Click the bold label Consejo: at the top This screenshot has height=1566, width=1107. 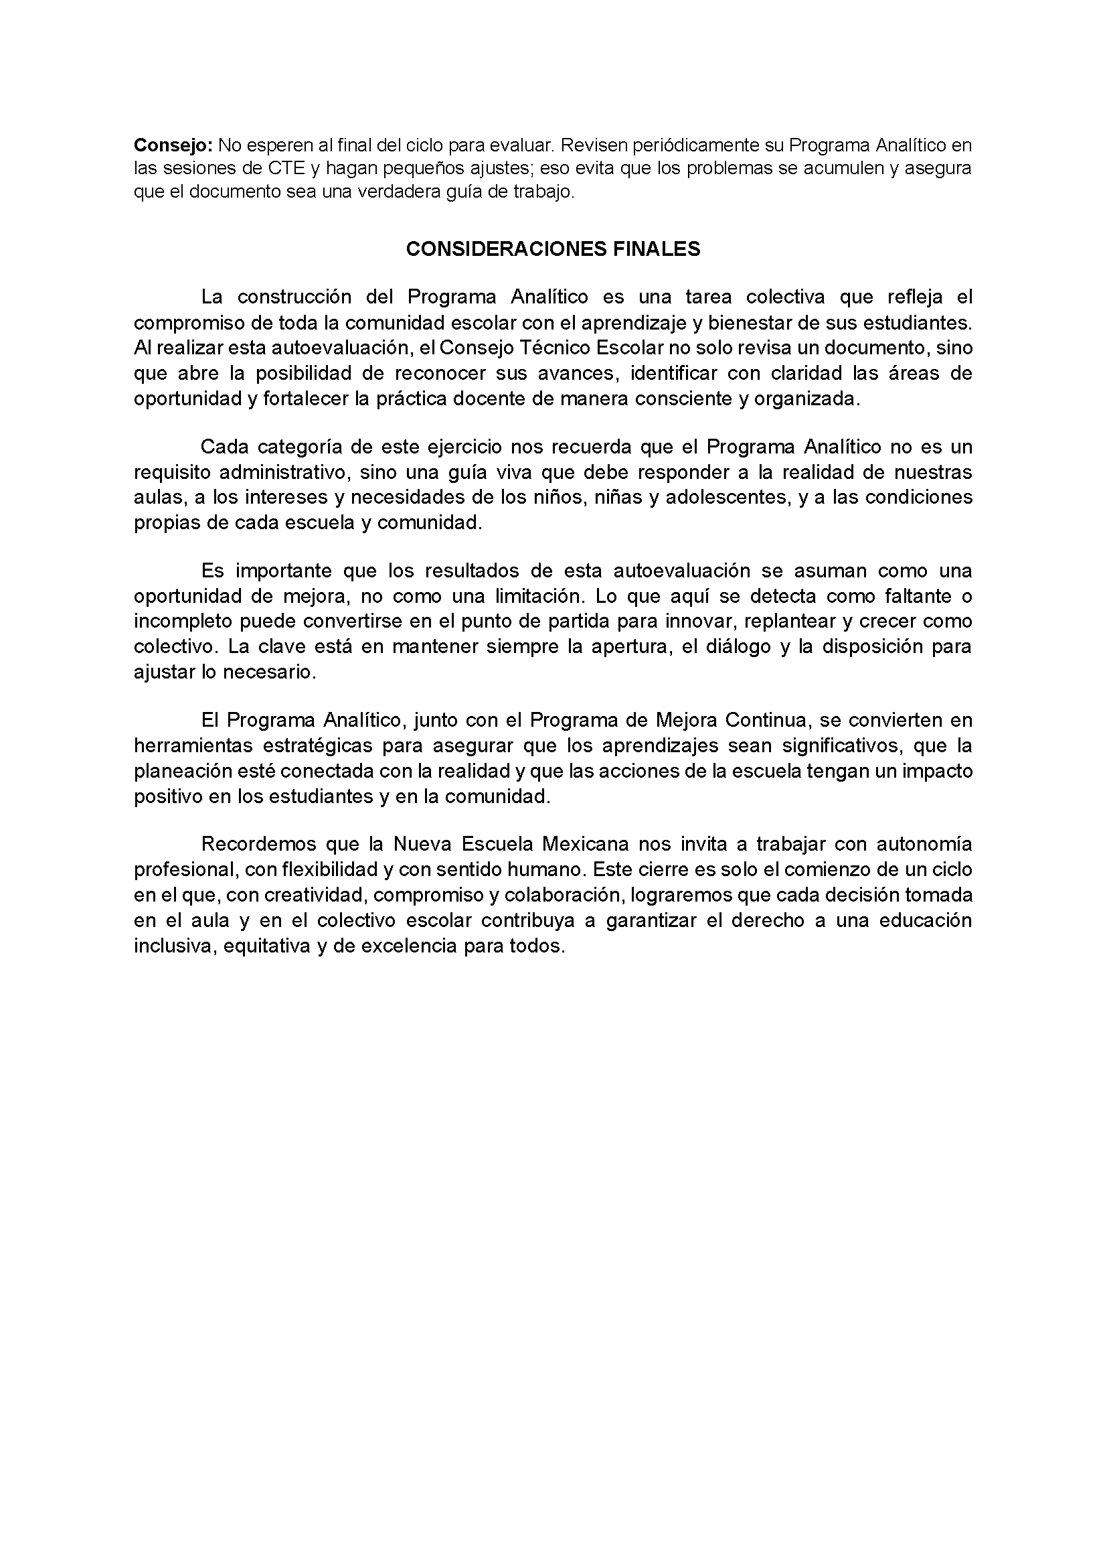[x=174, y=145]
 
